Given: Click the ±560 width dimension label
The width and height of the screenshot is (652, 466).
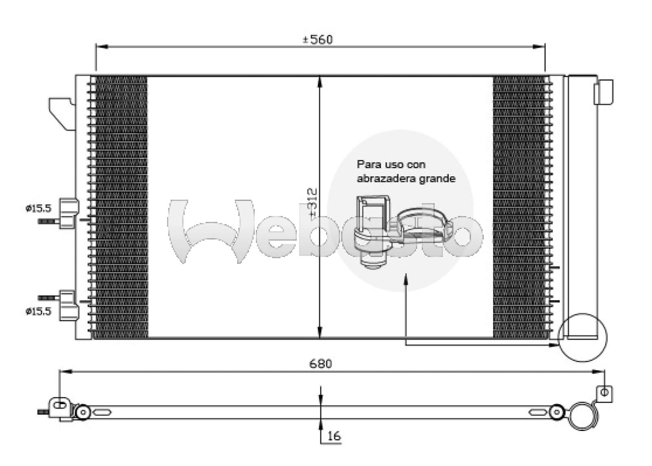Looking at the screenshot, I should (317, 40).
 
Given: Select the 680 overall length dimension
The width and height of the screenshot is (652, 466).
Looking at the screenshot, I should (321, 363).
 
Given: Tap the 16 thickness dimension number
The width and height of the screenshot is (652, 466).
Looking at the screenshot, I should (333, 436).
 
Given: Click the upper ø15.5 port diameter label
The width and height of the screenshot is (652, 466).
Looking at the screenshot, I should (38, 209).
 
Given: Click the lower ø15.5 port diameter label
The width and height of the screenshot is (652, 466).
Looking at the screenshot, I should (38, 312).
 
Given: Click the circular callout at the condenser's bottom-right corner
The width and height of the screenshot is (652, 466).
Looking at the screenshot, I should (583, 337).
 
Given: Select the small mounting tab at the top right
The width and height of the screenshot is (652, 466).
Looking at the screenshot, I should (603, 92).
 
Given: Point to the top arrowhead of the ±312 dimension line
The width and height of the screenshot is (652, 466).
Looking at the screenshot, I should (320, 81).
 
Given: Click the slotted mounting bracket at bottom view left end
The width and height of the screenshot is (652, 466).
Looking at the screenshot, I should (60, 407).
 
